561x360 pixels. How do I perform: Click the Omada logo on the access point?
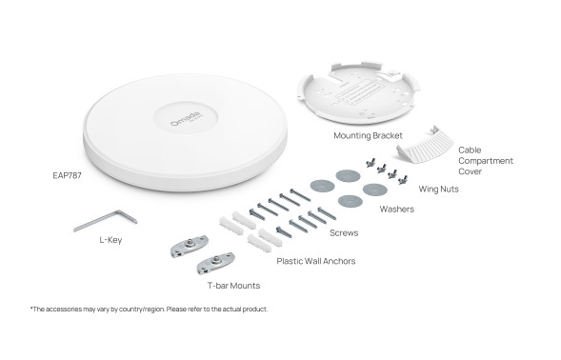[x=186, y=118]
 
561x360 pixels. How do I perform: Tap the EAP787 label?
[x=67, y=175]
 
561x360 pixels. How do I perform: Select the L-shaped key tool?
[x=105, y=220]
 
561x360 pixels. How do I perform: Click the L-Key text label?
[x=110, y=240]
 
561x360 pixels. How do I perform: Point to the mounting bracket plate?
[x=358, y=93]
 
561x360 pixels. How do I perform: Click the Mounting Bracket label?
[x=368, y=135]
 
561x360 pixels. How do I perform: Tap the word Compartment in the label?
[x=486, y=161]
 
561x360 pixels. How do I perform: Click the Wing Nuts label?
[x=439, y=189]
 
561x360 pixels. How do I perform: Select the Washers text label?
[x=397, y=209]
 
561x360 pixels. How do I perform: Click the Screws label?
[x=344, y=233]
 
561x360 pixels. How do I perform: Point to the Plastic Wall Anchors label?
[x=316, y=261]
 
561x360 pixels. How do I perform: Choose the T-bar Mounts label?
[x=233, y=286]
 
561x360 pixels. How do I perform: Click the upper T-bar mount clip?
[x=189, y=246]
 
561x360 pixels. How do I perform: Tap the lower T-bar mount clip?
[x=215, y=262]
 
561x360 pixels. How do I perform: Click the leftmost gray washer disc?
[x=322, y=186]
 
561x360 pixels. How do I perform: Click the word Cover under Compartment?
[x=471, y=171]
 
